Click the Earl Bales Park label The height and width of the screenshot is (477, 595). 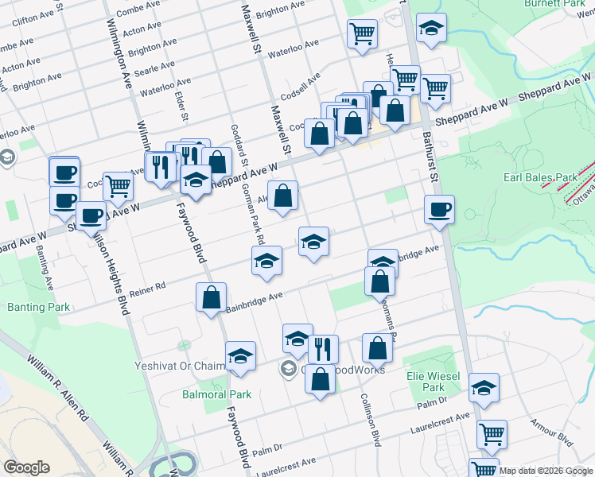[x=539, y=177]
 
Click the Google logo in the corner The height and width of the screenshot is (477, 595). [x=26, y=467]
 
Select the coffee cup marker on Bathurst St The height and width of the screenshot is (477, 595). [x=439, y=211]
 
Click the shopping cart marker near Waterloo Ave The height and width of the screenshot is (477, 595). [x=362, y=34]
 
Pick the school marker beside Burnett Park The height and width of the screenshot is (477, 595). [x=431, y=30]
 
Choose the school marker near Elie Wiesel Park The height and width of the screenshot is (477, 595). [x=484, y=388]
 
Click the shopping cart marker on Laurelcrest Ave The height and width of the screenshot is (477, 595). [x=492, y=435]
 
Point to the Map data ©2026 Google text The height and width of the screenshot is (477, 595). [x=546, y=470]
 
